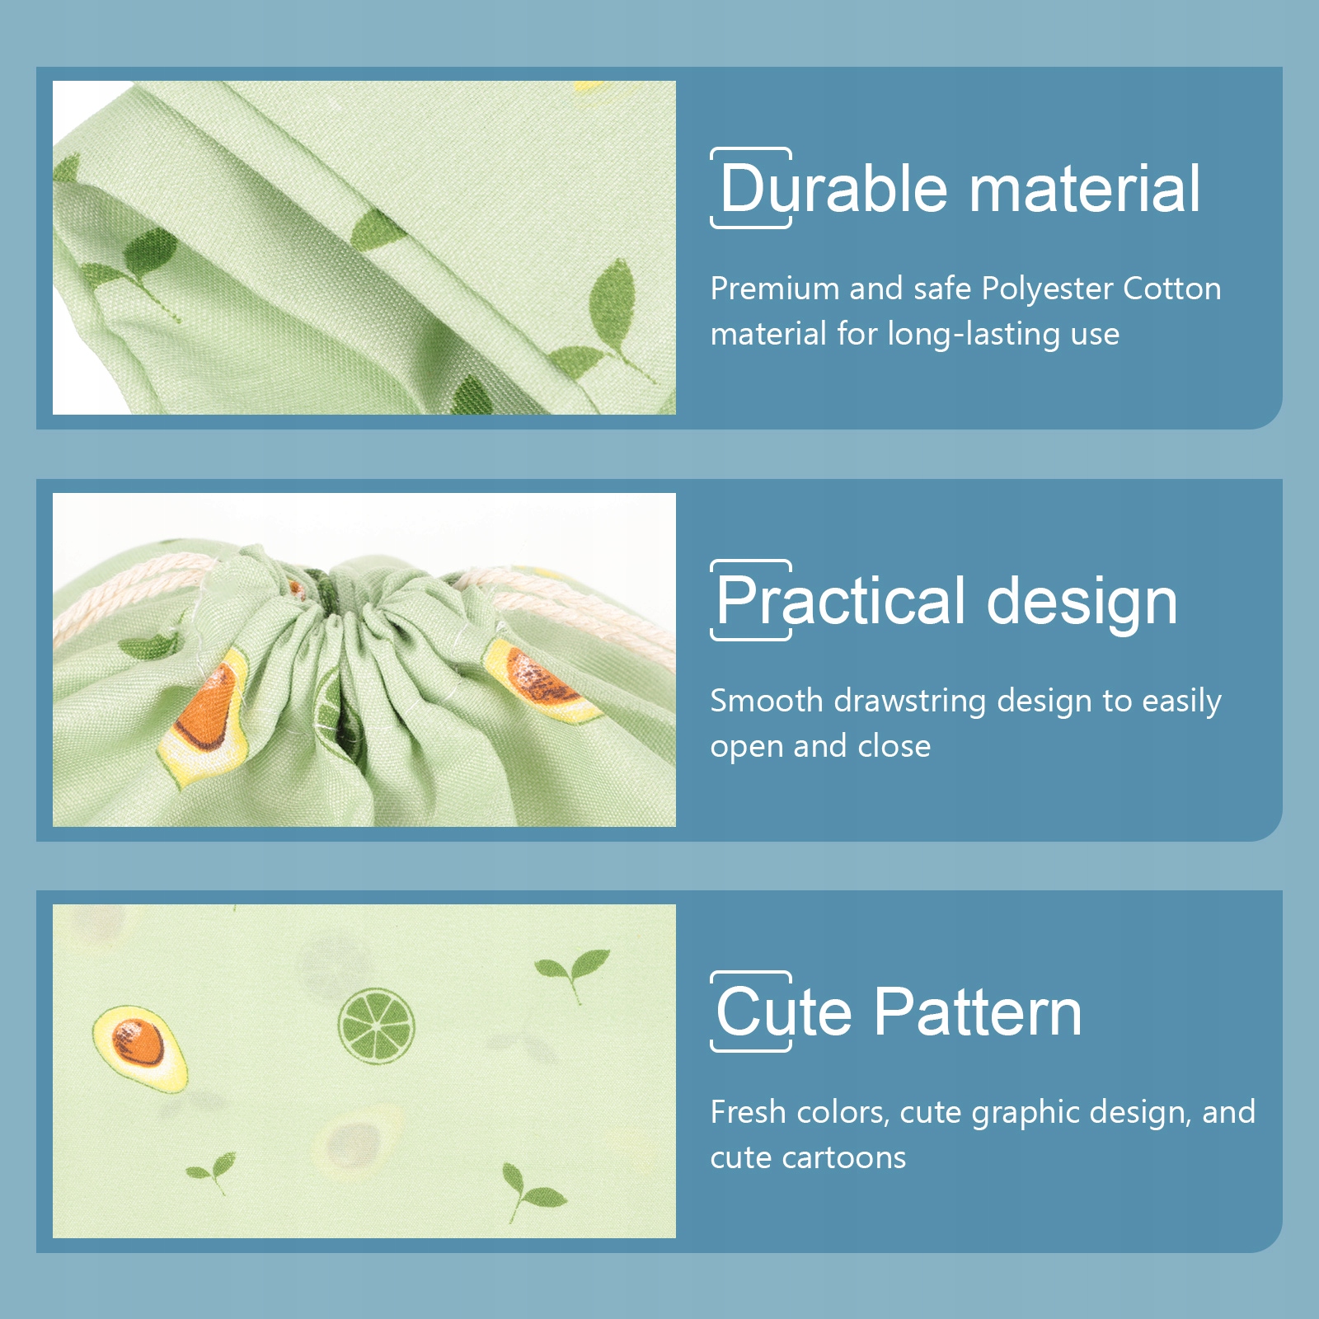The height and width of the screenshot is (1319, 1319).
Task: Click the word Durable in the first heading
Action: click(x=833, y=189)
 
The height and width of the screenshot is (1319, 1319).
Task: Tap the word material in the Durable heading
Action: click(x=1085, y=189)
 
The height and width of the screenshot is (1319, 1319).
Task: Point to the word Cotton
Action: click(x=1171, y=289)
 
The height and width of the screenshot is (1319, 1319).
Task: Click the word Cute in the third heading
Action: click(x=783, y=1012)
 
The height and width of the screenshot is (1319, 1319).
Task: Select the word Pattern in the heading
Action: click(x=978, y=1012)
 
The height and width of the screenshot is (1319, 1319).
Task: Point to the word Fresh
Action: click(x=749, y=1112)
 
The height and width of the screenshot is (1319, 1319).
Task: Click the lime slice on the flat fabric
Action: click(x=376, y=1025)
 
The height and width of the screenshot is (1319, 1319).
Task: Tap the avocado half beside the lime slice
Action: click(x=139, y=1048)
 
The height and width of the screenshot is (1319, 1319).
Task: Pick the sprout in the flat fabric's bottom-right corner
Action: click(x=533, y=1190)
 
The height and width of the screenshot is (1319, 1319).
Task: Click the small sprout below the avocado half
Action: click(x=213, y=1171)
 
